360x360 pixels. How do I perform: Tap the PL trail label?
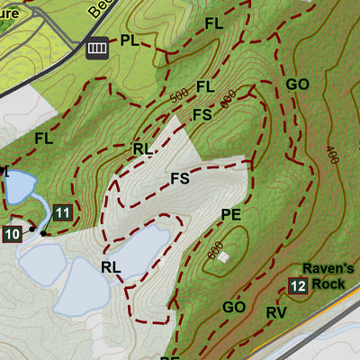[130, 40]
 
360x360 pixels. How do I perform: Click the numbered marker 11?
[62, 213]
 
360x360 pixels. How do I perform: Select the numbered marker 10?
[12, 235]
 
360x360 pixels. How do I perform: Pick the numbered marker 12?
[298, 286]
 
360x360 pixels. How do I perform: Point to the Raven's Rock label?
[323, 276]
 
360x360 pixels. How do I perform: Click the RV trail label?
[275, 312]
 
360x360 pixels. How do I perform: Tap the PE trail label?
[231, 214]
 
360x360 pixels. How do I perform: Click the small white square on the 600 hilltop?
[223, 257]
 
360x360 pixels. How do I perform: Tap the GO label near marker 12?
[234, 307]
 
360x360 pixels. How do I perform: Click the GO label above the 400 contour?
[298, 85]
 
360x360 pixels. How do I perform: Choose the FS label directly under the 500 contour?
[202, 114]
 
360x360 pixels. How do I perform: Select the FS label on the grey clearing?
[180, 178]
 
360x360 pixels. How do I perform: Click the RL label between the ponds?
[111, 266]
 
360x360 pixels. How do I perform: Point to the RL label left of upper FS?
[142, 148]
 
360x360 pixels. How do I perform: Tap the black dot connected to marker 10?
[32, 229]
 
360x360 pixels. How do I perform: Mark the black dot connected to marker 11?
[43, 233]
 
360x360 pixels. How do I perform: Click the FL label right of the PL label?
[213, 22]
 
